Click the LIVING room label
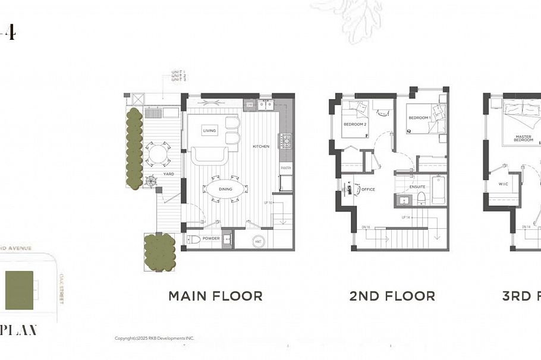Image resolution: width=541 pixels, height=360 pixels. (209, 131)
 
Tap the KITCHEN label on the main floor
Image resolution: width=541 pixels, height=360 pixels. (262, 146)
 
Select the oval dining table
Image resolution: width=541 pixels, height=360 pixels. (225, 190)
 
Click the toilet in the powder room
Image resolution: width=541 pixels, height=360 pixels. (193, 240)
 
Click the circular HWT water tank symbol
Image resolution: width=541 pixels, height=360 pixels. (257, 241)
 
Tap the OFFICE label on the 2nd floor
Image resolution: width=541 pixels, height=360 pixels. (369, 191)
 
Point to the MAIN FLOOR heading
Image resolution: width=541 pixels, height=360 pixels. (215, 296)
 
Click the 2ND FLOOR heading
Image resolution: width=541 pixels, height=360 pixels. (392, 296)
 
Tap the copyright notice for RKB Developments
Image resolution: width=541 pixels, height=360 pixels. (155, 339)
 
